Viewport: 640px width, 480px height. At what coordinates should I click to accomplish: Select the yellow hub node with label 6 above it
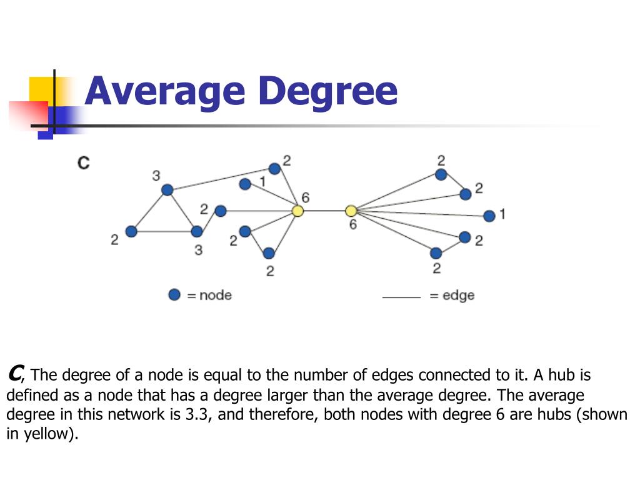coord(298,211)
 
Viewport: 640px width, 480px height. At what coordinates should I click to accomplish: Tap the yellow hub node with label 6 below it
coord(351,211)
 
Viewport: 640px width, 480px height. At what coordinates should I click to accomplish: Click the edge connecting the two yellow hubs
coord(324,211)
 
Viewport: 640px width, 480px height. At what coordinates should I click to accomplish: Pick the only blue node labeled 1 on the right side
coord(489,216)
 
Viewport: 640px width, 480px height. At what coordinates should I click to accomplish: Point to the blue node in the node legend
coord(174,294)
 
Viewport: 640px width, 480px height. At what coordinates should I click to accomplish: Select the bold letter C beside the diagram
coord(83,163)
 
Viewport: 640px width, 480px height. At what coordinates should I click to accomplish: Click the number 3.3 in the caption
coord(198,415)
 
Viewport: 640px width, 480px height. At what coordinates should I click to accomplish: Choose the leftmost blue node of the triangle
coord(131,232)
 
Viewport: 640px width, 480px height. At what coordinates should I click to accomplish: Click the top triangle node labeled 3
coord(167,190)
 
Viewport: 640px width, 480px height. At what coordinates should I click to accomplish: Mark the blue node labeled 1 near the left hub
coord(245,184)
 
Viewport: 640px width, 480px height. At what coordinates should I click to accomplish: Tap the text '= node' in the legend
coord(209,295)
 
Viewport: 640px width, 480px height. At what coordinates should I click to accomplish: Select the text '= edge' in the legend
coord(452,295)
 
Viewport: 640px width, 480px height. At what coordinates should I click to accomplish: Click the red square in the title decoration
coord(28,115)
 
